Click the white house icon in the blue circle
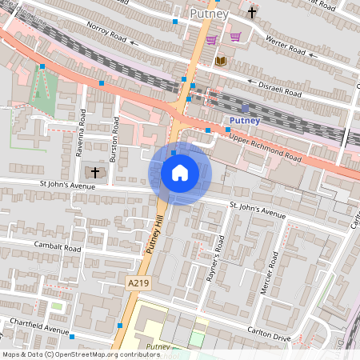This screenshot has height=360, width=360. pyautogui.click(x=180, y=173)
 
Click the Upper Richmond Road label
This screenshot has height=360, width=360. pyautogui.click(x=265, y=146)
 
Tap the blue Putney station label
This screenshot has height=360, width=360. pyautogui.click(x=244, y=120)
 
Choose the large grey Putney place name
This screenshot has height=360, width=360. pyautogui.click(x=210, y=14)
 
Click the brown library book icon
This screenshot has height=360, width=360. pyautogui.click(x=221, y=61)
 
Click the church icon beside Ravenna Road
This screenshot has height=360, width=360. pyautogui.click(x=95, y=172)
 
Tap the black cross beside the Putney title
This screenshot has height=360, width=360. pyautogui.click(x=253, y=13)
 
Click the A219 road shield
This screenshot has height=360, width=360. pyautogui.click(x=138, y=283)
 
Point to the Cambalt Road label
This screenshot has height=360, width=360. pyautogui.click(x=58, y=247)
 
